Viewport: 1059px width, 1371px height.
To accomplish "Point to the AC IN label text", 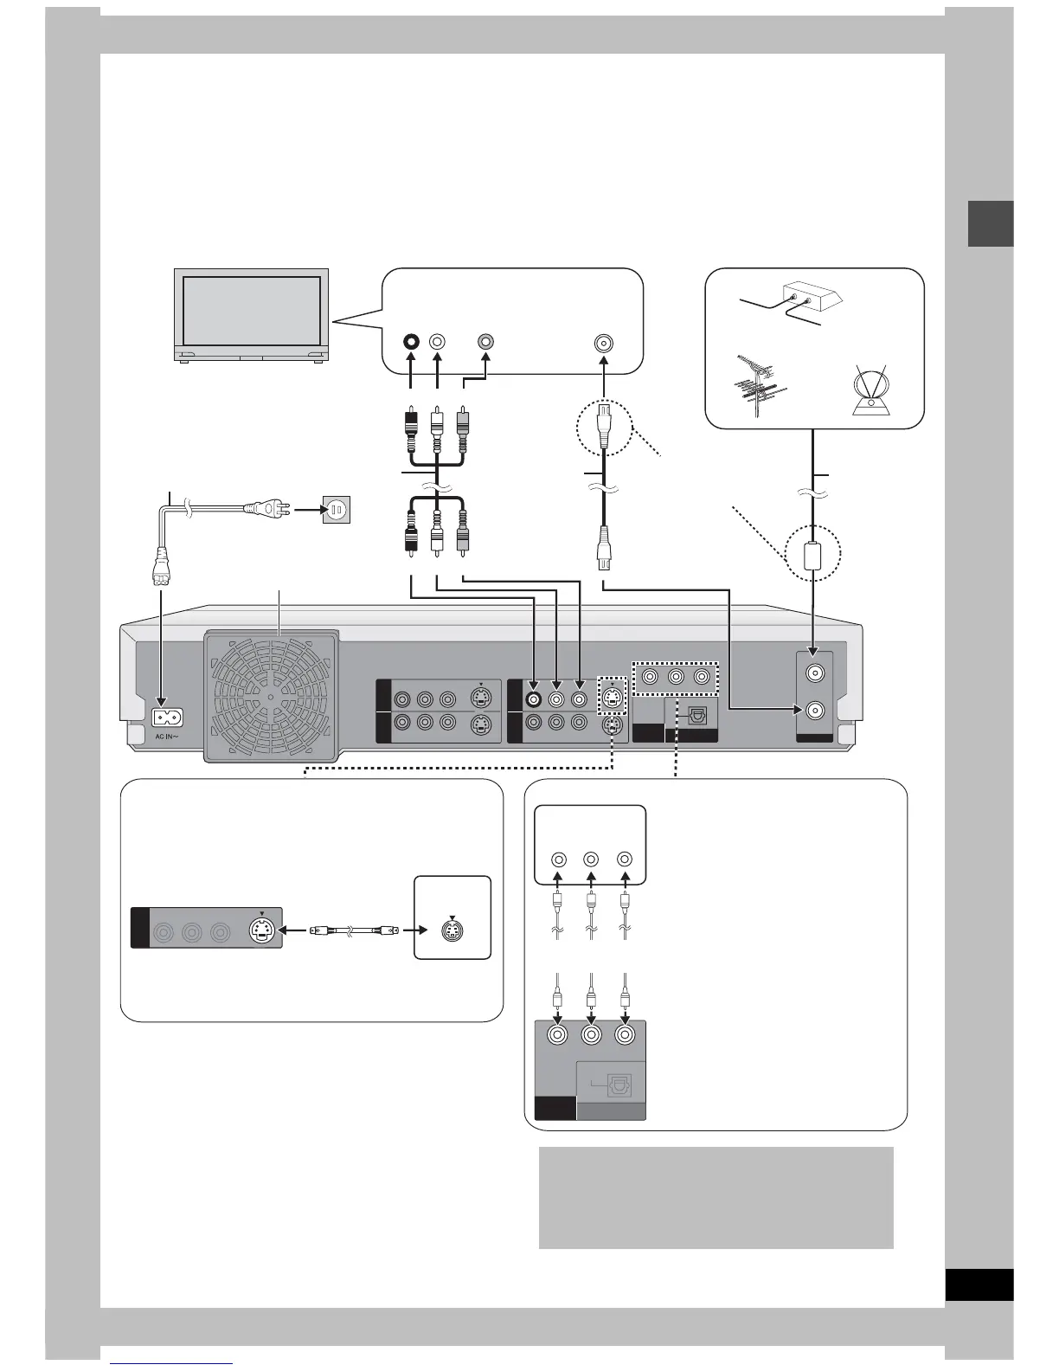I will tap(167, 737).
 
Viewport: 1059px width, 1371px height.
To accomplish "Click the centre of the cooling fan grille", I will tap(271, 695).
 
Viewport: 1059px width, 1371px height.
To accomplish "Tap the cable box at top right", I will tap(808, 299).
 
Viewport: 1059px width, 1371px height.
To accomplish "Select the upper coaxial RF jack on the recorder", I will tap(813, 672).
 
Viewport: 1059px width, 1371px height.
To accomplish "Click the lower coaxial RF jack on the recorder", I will tap(813, 711).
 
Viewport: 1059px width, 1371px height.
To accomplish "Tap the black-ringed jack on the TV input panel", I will tap(410, 341).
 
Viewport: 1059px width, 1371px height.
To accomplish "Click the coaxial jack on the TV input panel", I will tap(602, 342).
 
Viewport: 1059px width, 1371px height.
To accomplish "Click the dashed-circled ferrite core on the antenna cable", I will tap(813, 554).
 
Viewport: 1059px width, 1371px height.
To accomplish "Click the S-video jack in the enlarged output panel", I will tap(262, 931).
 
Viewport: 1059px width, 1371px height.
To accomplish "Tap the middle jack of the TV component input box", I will tap(591, 860).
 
